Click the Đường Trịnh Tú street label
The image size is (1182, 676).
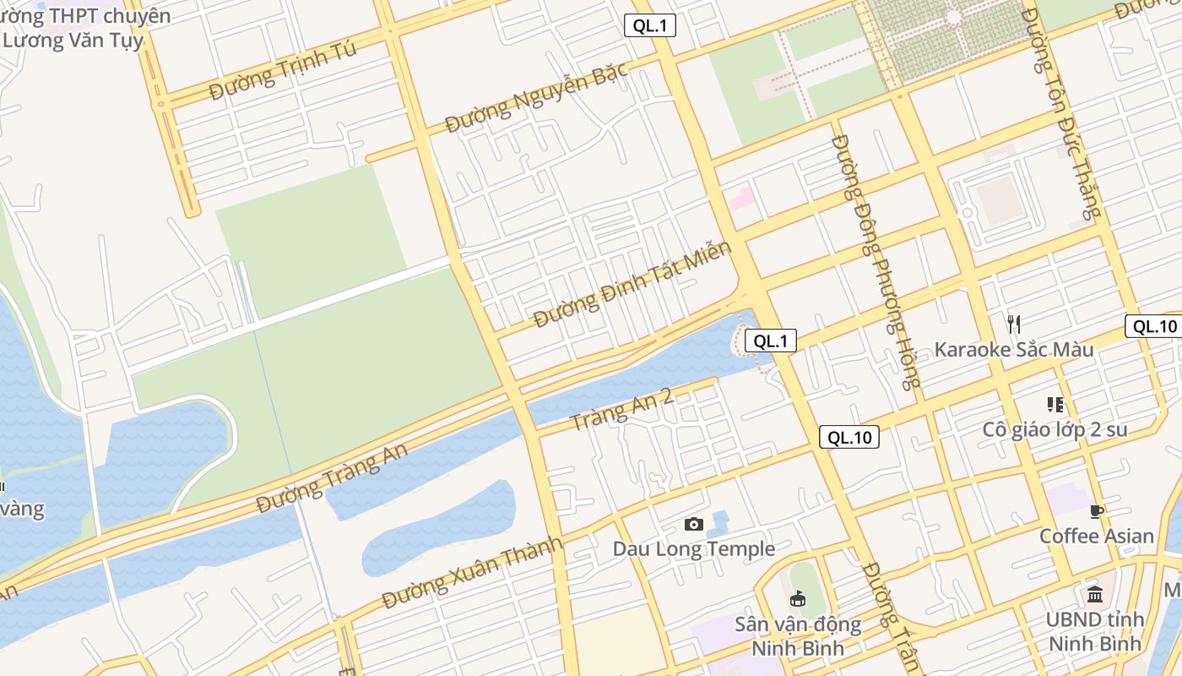[x=283, y=70]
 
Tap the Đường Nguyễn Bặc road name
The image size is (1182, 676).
[x=537, y=98]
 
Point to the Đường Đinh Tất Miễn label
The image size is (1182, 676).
[x=632, y=286]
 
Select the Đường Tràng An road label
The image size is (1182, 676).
[x=332, y=479]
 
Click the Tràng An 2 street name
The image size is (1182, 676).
[x=621, y=409]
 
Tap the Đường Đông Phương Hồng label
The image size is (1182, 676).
[x=875, y=262]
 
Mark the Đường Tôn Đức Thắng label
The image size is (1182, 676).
[x=1062, y=114]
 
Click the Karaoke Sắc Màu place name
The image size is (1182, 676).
[x=1013, y=349]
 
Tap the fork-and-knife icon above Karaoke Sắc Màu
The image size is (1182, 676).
[x=1014, y=324]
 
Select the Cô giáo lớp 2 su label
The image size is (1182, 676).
[x=1055, y=429]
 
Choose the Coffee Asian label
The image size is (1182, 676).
[x=1096, y=536]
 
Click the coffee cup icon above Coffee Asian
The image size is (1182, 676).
[x=1096, y=511]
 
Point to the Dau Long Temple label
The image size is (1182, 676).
[x=693, y=548]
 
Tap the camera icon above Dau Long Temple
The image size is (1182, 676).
[x=694, y=525]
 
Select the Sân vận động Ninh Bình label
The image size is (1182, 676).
[x=798, y=636]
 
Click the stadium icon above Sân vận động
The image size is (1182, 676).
[x=797, y=599]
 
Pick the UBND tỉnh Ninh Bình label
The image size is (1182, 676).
[x=1095, y=631]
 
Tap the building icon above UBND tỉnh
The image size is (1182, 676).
[x=1095, y=595]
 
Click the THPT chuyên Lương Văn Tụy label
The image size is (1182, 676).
[x=84, y=27]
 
